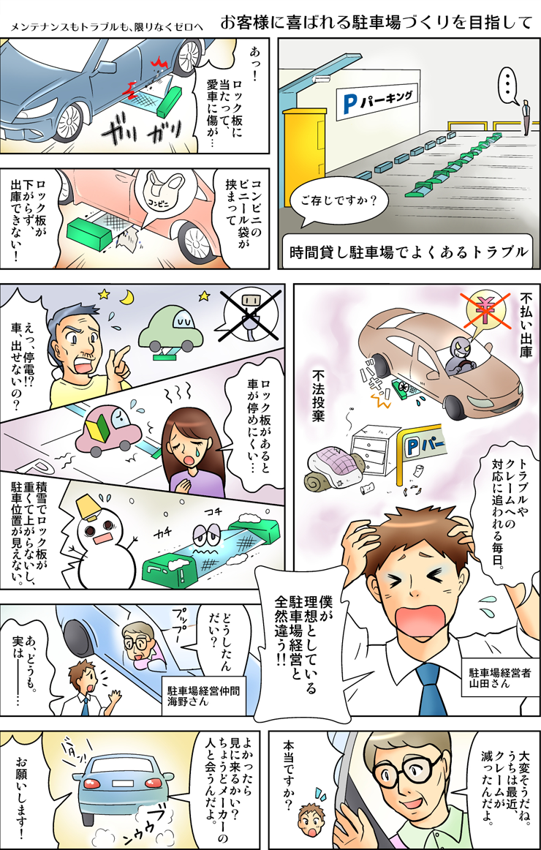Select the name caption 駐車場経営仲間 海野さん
point(203,696)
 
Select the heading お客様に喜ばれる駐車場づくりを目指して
point(377,23)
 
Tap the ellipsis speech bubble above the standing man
point(509,87)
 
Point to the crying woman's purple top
point(197,476)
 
